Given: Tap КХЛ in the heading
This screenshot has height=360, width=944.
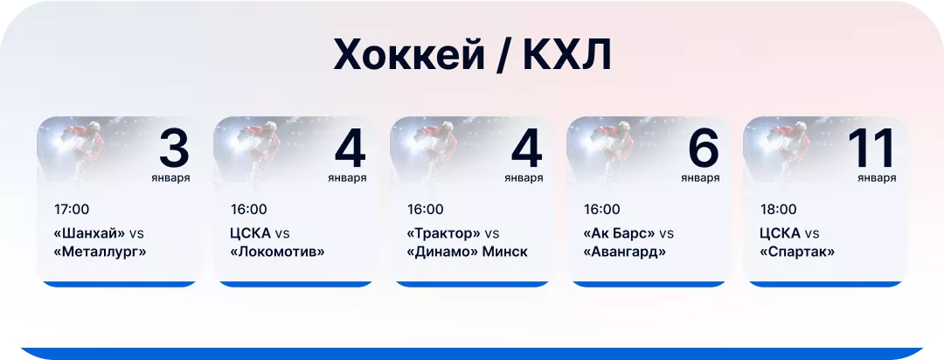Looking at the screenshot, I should coord(567,56).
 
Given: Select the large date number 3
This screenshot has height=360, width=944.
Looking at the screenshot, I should coord(174,149).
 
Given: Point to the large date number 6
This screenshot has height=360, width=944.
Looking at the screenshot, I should coord(703,149).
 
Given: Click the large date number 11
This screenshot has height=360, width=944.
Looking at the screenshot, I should coord(871,149).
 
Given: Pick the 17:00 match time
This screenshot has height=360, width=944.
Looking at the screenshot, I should coord(72,210).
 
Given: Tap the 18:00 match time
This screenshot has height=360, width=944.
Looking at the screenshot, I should coord(778,210).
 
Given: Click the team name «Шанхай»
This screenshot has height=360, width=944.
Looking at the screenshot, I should coord(89,233).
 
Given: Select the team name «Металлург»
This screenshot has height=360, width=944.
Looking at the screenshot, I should coord(100,253).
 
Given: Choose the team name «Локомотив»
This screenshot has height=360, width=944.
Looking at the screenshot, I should coord(278,253).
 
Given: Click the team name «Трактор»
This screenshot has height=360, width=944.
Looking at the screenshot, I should coord(444,233).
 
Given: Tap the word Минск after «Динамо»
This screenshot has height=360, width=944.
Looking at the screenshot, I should coord(505,253).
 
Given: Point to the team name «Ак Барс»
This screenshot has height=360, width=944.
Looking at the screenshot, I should coord(619,233).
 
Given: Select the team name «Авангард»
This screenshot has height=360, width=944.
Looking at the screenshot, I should coord(625,253).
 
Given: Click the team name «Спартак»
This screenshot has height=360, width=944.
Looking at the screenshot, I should coord(797,253).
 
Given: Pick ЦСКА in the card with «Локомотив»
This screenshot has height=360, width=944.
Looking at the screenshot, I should coord(251,233).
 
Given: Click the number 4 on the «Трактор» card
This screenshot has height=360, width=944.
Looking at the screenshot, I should coord(526,149).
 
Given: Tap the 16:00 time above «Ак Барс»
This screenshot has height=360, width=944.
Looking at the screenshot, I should coord(601,210).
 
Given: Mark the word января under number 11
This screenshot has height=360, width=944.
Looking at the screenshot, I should coord(877,178).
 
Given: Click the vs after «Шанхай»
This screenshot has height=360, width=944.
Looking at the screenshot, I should coord(136,233).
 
